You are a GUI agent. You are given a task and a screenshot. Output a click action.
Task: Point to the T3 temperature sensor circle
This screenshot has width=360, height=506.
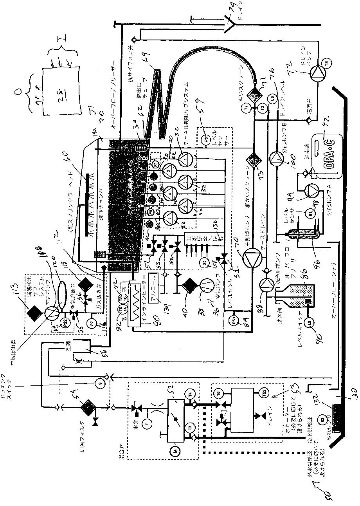pos(191,428)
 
